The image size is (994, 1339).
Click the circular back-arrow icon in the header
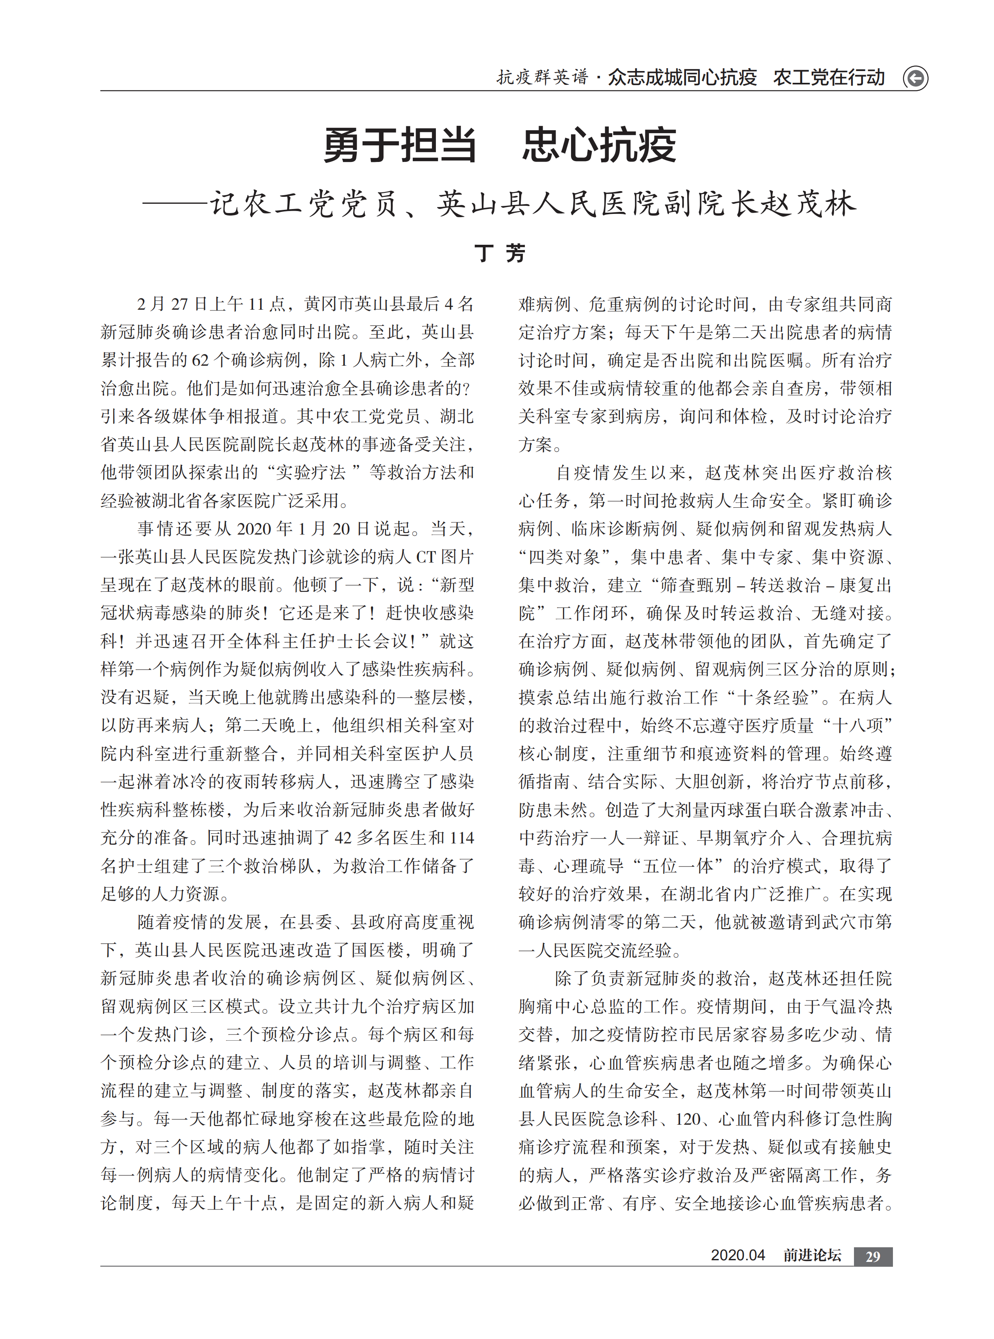click(x=915, y=78)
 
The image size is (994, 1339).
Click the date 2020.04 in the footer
click(x=737, y=1255)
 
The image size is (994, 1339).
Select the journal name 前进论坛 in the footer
click(x=812, y=1255)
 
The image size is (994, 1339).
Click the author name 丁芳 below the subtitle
click(x=499, y=253)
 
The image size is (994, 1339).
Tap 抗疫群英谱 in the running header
click(x=541, y=78)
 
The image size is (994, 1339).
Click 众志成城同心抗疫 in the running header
click(x=682, y=78)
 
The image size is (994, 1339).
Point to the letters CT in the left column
click(x=425, y=557)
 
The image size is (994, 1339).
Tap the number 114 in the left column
click(x=461, y=838)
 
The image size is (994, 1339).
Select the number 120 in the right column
click(x=688, y=1119)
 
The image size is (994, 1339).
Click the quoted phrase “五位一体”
click(x=677, y=866)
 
